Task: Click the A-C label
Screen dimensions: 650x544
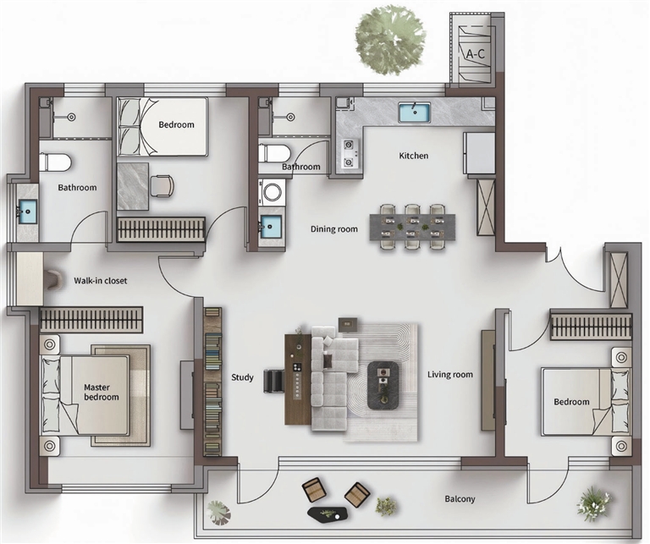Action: [x=475, y=54]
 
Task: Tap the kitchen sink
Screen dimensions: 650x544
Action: [x=415, y=113]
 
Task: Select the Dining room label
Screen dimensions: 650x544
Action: [x=334, y=229]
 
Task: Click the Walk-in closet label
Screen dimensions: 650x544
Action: [x=101, y=281]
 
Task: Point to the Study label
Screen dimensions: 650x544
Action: [x=243, y=377]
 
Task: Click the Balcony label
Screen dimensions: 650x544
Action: [x=460, y=499]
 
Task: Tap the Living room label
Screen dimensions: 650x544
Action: [x=450, y=375]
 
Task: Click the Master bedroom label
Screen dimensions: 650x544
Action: [x=102, y=392]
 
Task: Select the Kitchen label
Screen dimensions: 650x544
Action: [x=413, y=156]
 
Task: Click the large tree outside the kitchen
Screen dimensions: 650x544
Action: [x=390, y=41]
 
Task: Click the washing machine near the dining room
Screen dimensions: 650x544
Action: [x=272, y=192]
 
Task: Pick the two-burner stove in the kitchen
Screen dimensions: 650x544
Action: [x=350, y=153]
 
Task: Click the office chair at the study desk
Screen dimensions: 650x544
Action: [x=273, y=381]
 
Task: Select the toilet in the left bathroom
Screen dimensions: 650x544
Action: [x=56, y=162]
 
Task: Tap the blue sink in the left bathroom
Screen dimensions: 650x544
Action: [x=27, y=212]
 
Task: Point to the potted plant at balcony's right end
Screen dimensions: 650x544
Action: [x=594, y=503]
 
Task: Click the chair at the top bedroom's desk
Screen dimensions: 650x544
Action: [x=162, y=185]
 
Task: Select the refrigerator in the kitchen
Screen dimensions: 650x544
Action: [x=479, y=153]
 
